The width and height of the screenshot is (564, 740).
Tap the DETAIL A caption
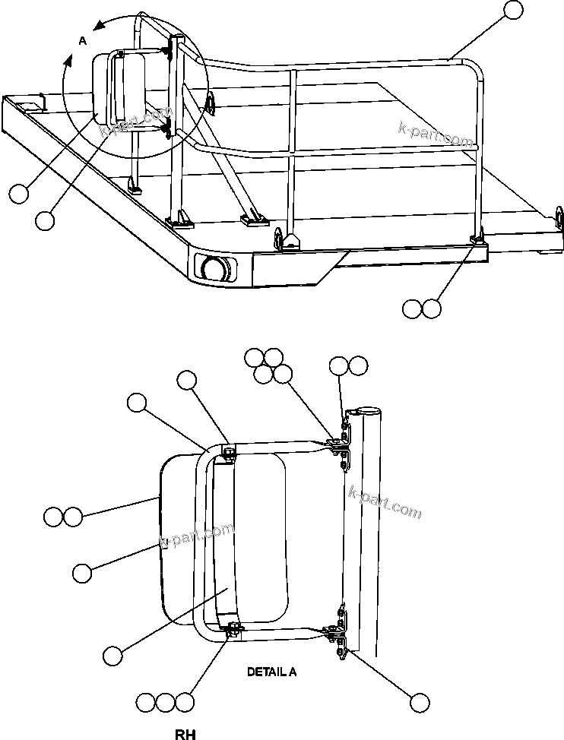click(272, 672)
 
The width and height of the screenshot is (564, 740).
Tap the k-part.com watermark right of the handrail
click(436, 136)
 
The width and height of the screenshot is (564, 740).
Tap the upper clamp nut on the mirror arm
click(228, 454)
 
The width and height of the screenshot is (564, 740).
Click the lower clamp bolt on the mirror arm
click(233, 628)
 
